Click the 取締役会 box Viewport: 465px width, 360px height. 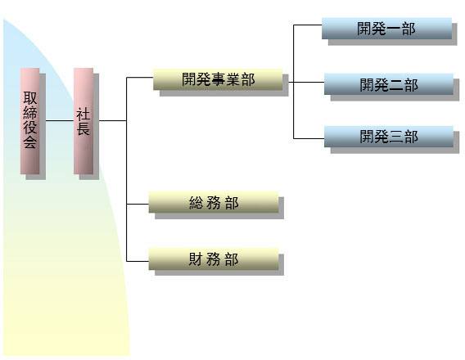tap(30, 121)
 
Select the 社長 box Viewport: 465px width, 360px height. tap(84, 121)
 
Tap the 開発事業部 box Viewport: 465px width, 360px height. tap(218, 79)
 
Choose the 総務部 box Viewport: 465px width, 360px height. tap(214, 202)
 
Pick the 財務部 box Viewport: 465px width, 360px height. tap(214, 259)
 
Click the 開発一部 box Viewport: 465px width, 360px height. tap(386, 29)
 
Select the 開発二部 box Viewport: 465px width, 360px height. tap(389, 84)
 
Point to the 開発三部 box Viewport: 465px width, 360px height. tap(389, 137)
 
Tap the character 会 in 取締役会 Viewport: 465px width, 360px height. tap(30, 142)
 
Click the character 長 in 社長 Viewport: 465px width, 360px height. tap(84, 128)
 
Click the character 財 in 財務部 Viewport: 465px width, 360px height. tap(196, 259)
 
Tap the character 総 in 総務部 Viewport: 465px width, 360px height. tap(196, 203)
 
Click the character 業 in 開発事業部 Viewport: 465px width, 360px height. tap(232, 79)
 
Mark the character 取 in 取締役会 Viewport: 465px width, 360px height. tap(30, 98)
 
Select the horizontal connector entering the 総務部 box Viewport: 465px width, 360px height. tap(138, 204)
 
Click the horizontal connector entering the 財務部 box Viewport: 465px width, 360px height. tap(138, 261)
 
